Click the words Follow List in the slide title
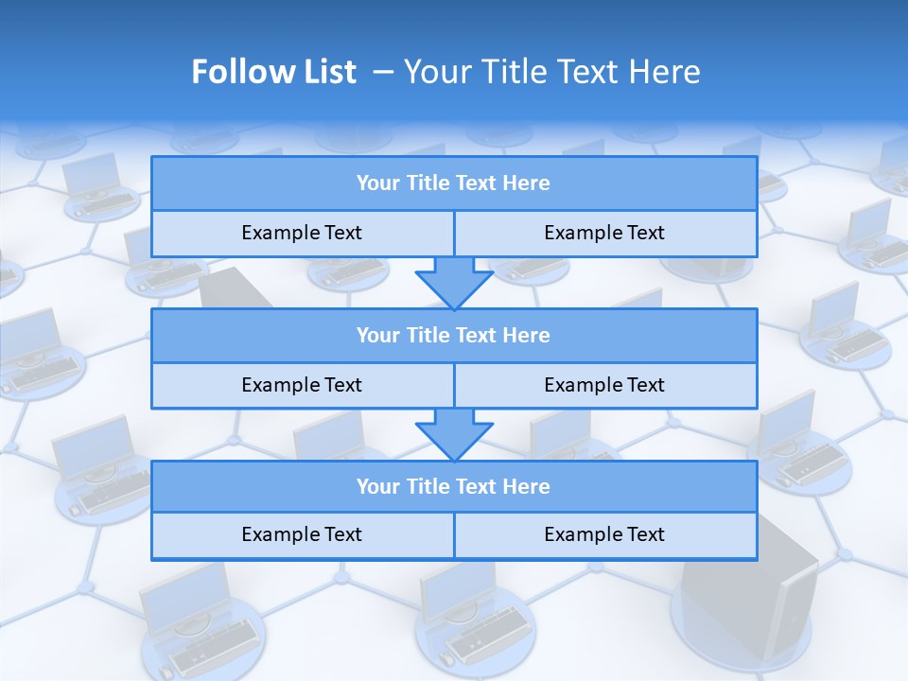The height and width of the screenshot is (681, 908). pyautogui.click(x=273, y=72)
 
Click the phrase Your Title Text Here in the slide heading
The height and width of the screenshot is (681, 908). pyautogui.click(x=552, y=72)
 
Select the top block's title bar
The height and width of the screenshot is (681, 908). pyautogui.click(x=454, y=183)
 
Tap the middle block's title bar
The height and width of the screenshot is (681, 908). pyautogui.click(x=454, y=335)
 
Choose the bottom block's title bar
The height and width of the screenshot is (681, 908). pyautogui.click(x=454, y=486)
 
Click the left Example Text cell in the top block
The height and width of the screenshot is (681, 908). pyautogui.click(x=302, y=233)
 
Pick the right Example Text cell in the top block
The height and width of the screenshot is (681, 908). pyautogui.click(x=605, y=233)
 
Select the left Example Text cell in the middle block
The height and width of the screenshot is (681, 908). pyautogui.click(x=302, y=385)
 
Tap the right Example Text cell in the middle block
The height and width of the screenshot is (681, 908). pyautogui.click(x=605, y=385)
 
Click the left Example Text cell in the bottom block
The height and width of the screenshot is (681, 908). pyautogui.click(x=302, y=534)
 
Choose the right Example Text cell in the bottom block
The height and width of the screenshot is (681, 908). pyautogui.click(x=605, y=534)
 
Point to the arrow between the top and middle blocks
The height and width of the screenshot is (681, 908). pyautogui.click(x=454, y=281)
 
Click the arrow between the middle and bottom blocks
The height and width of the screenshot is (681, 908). pyautogui.click(x=454, y=433)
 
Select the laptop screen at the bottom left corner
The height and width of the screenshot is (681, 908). pyautogui.click(x=184, y=594)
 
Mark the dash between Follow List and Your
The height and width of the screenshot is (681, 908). pyautogui.click(x=383, y=72)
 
